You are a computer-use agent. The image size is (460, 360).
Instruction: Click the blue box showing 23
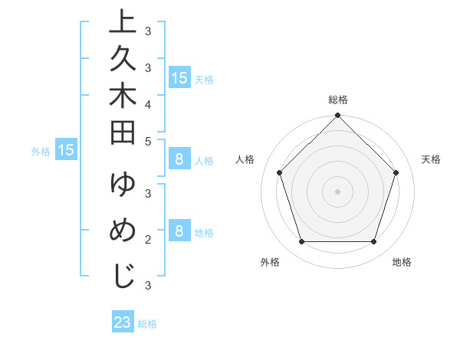(123, 322)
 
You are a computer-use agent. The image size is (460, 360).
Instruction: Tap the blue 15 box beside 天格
(179, 77)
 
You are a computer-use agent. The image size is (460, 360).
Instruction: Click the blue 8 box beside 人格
(179, 160)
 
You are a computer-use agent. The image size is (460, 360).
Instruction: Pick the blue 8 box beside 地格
(179, 231)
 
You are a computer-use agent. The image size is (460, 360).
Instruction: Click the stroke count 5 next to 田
(148, 141)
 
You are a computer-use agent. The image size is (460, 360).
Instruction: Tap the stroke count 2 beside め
(148, 240)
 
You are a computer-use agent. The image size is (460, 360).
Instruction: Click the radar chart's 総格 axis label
(337, 100)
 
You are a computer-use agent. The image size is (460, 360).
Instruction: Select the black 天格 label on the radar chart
(431, 159)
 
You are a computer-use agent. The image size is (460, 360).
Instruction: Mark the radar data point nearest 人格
(279, 172)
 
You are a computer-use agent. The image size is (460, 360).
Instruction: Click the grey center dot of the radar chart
(337, 191)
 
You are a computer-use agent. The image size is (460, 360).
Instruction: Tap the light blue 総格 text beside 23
(148, 324)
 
